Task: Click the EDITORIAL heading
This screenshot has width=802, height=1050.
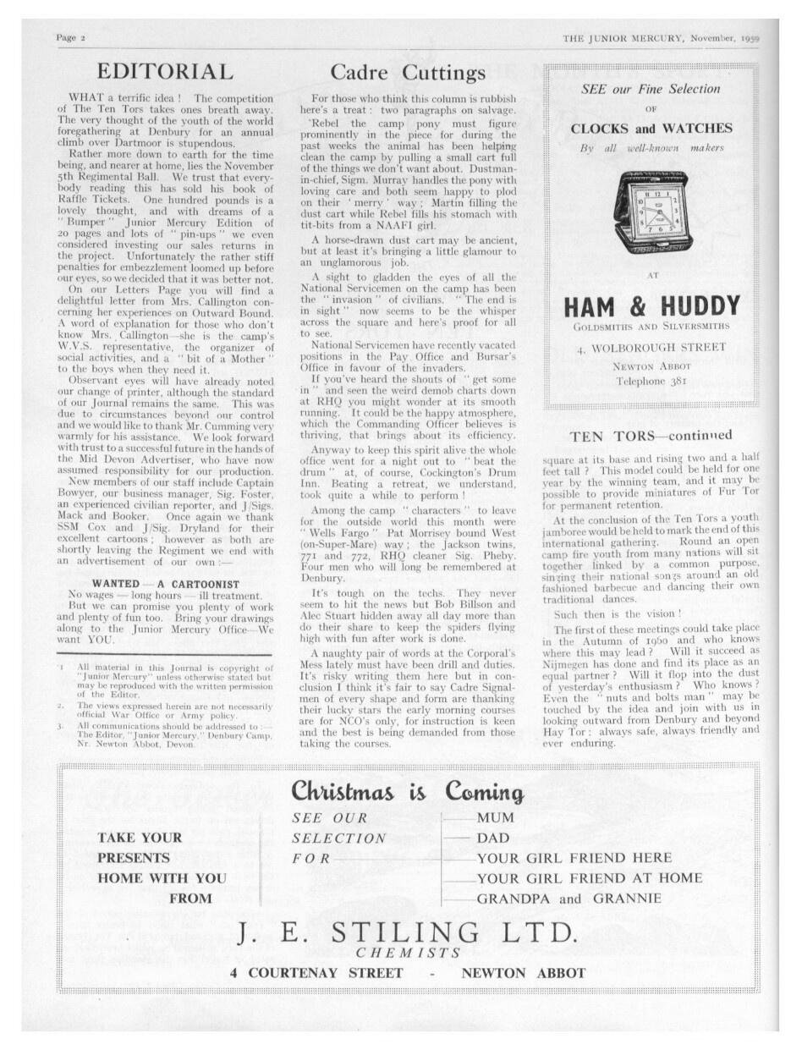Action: coord(165,72)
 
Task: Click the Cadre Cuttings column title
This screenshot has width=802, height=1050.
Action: coord(408,73)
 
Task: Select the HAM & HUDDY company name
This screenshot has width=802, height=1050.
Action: coord(651,305)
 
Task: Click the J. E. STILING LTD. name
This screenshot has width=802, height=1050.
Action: coord(408,932)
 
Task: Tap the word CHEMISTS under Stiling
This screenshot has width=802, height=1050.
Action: coord(408,954)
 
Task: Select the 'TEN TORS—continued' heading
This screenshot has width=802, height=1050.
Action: coord(651,437)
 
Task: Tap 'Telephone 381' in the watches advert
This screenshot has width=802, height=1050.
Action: coord(652,381)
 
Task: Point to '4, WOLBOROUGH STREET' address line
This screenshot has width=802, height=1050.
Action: coord(651,347)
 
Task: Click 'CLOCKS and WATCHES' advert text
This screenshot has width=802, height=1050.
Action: coord(651,129)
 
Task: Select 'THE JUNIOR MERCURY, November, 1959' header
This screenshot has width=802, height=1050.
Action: coord(662,39)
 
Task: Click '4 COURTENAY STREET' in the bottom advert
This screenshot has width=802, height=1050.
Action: coord(316,973)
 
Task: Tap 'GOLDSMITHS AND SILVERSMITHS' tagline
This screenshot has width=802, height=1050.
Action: coord(651,326)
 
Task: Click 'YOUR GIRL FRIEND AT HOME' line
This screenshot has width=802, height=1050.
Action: coord(590,878)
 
